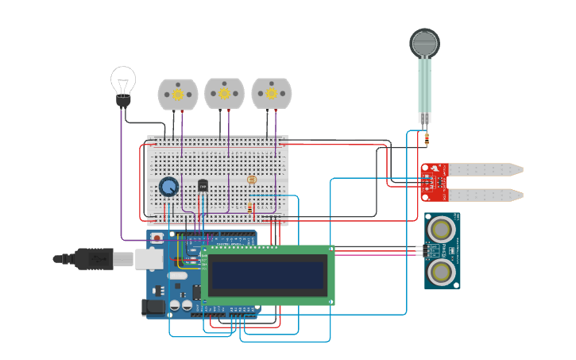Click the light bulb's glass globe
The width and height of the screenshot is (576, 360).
pyautogui.click(x=123, y=79)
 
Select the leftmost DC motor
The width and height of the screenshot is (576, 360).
pyautogui.click(x=178, y=94)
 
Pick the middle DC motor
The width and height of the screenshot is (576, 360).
pyautogui.click(x=225, y=94)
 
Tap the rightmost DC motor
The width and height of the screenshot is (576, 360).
pyautogui.click(x=272, y=94)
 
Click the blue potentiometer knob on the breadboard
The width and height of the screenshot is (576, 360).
pyautogui.click(x=168, y=187)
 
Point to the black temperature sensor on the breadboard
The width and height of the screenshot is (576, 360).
pyautogui.click(x=203, y=186)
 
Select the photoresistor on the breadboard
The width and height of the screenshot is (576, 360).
pyautogui.click(x=252, y=180)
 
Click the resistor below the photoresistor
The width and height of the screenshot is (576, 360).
pyautogui.click(x=251, y=207)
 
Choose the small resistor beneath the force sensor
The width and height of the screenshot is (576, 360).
pyautogui.click(x=427, y=140)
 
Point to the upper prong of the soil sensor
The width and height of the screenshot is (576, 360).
pyautogui.click(x=485, y=169)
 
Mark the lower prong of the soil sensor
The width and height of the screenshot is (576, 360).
pyautogui.click(x=485, y=195)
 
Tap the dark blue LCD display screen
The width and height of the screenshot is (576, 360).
pyautogui.click(x=268, y=274)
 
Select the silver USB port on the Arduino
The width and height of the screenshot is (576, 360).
pyautogui.click(x=149, y=258)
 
